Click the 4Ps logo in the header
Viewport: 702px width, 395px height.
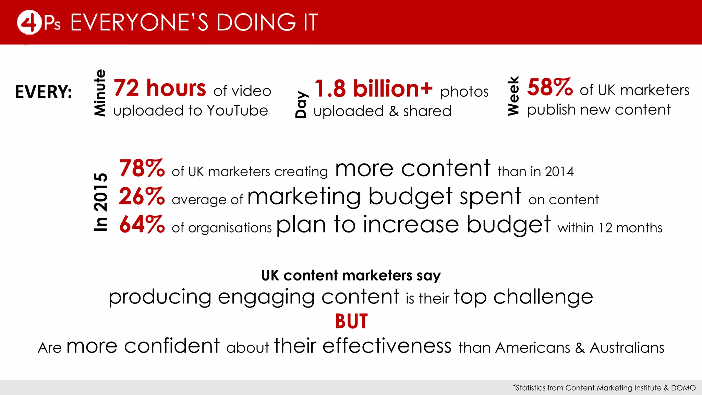click(38, 23)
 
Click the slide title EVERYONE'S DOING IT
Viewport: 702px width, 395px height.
click(194, 23)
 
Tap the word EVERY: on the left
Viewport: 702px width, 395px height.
click(44, 92)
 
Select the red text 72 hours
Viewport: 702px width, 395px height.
click(160, 88)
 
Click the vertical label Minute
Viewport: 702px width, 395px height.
click(100, 93)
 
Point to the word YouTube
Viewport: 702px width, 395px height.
click(237, 111)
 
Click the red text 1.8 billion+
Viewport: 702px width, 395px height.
click(373, 88)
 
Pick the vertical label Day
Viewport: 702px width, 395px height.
click(301, 105)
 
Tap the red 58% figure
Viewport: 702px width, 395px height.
click(550, 87)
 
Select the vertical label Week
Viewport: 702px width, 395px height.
click(513, 96)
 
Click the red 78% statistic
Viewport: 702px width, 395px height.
click(142, 168)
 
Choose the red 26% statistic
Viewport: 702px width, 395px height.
click(142, 196)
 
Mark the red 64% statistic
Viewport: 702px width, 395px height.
click(142, 225)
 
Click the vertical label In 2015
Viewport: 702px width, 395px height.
click(100, 202)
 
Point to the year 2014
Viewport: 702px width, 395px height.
click(559, 171)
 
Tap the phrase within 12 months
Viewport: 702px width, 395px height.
click(610, 228)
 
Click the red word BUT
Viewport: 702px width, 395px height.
click(351, 321)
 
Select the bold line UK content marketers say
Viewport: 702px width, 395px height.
click(351, 275)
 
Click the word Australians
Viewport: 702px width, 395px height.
click(627, 348)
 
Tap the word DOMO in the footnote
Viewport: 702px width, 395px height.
click(683, 388)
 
